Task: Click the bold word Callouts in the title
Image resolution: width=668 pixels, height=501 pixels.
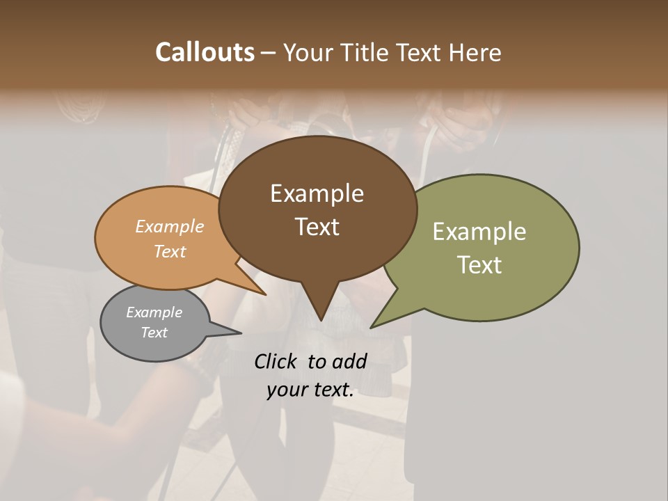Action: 205,52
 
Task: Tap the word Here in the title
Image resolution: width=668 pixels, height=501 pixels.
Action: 475,52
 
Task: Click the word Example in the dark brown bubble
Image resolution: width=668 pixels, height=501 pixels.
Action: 317,193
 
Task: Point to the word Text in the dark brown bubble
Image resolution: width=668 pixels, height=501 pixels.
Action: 317,226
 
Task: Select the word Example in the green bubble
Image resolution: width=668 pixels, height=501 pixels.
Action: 479,232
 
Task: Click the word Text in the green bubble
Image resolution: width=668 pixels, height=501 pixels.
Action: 479,264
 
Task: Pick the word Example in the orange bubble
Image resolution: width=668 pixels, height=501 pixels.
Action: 169,226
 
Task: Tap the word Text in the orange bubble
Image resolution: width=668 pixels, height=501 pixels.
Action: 169,251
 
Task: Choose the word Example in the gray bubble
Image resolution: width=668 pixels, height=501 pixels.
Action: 154,312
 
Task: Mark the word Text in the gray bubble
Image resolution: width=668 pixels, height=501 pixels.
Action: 154,333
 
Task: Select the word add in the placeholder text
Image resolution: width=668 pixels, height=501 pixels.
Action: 349,361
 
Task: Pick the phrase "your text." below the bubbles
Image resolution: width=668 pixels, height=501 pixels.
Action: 310,390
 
